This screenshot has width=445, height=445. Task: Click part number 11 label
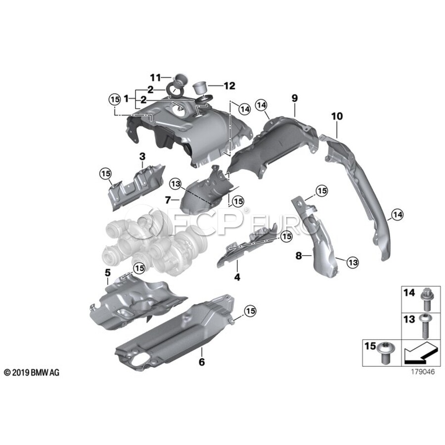click(156, 77)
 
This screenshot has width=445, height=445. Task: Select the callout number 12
click(229, 85)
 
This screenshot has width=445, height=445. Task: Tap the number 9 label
click(294, 98)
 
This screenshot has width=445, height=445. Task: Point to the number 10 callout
click(337, 116)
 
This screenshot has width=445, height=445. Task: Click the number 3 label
click(142, 157)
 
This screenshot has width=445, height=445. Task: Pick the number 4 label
click(237, 277)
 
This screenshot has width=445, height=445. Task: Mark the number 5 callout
click(107, 272)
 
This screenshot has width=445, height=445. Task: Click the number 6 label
click(201, 362)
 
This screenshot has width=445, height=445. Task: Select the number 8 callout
click(298, 256)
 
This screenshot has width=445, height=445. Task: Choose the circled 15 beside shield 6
click(250, 311)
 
